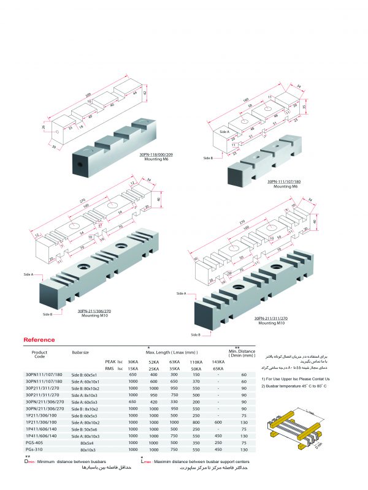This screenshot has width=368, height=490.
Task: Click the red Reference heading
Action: click(x=39, y=340)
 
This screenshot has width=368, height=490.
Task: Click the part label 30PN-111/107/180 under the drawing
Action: click(x=287, y=182)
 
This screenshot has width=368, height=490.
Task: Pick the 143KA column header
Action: click(x=218, y=362)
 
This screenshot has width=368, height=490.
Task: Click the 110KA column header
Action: click(x=196, y=362)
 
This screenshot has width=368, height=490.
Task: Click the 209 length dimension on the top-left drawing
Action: click(x=88, y=96)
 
